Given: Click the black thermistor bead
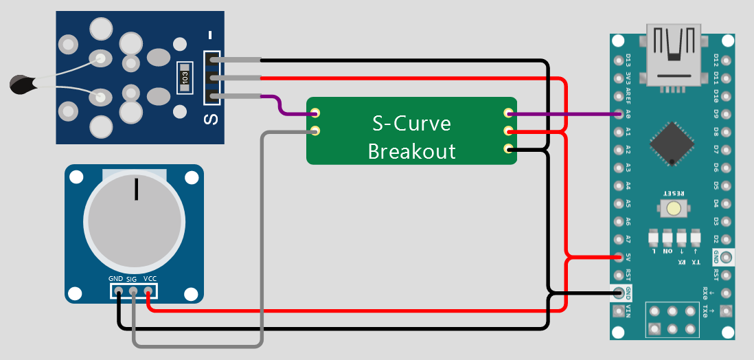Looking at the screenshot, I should (x=21, y=85).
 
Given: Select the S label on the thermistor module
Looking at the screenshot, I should (x=211, y=119).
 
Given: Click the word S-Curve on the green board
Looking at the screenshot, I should (x=411, y=124).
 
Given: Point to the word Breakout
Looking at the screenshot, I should (x=411, y=150).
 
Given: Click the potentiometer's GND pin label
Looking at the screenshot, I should (x=115, y=279).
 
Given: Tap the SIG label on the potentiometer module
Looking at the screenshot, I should (x=132, y=279).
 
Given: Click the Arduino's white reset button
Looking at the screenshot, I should (x=673, y=208).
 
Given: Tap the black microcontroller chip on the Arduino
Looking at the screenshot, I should (x=672, y=144).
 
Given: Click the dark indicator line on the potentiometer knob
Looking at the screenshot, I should (x=136, y=189).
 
